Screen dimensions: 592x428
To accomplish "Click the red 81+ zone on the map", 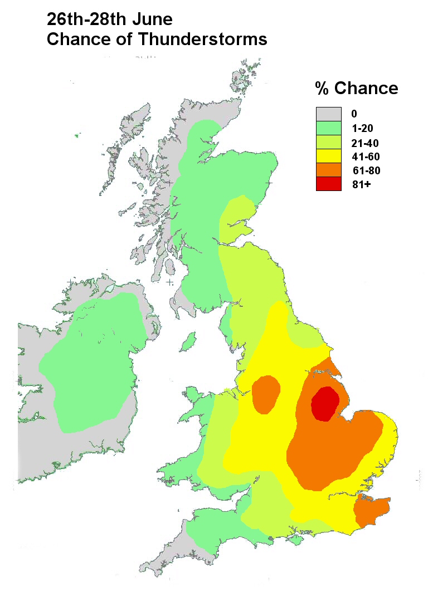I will [325, 404].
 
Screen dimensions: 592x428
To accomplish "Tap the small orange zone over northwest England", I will [265, 394].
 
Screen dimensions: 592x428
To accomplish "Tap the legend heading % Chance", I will [357, 88].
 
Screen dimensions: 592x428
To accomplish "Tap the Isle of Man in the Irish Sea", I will [189, 339].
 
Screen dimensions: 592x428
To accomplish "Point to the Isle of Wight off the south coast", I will [294, 540].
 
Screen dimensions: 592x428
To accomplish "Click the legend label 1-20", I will [362, 129].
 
